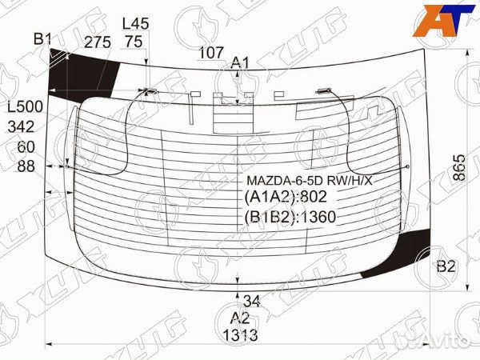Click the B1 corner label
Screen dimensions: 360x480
[42, 38]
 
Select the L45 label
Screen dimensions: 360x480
[136, 24]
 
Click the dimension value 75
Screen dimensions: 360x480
[134, 42]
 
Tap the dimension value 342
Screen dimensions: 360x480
[21, 126]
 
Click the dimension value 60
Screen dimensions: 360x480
[26, 146]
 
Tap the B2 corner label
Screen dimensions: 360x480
[446, 266]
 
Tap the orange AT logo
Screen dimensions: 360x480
[438, 22]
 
